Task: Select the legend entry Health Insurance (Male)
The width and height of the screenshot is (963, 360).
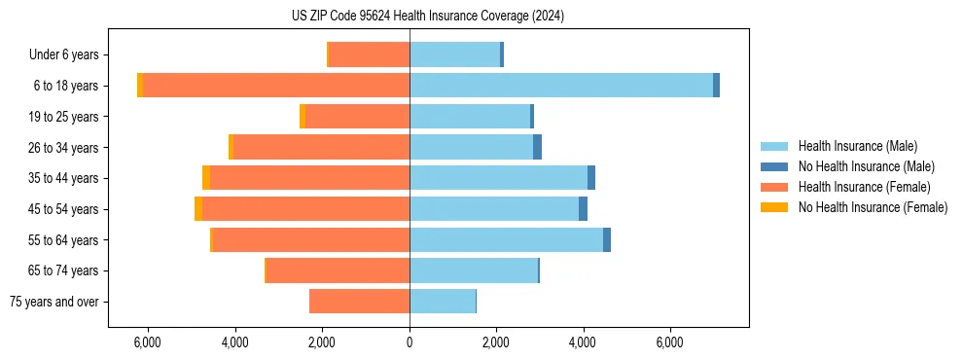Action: pos(857,146)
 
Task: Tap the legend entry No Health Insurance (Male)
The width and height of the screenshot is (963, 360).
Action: pos(866,166)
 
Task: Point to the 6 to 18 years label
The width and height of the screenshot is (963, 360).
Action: pos(65,86)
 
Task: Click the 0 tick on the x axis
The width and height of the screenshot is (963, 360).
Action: pos(410,343)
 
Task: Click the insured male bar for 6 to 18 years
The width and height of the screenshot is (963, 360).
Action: pos(561,86)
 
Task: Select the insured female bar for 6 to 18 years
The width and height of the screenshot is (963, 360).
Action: pos(276,86)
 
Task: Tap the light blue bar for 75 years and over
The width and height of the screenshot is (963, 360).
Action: pos(443,302)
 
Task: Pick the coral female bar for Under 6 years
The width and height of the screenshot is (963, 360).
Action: pos(370,55)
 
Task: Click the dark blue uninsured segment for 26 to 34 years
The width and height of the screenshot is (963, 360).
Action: pos(537,147)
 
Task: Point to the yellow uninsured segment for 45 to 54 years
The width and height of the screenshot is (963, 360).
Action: pos(198,209)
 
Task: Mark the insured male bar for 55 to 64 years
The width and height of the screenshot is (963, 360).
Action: pos(506,240)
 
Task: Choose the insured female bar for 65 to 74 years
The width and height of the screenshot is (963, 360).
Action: pos(338,270)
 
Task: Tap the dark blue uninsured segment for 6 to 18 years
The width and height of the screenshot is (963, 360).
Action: pos(716,86)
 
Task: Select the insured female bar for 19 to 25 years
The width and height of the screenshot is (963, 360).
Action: pos(357,117)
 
